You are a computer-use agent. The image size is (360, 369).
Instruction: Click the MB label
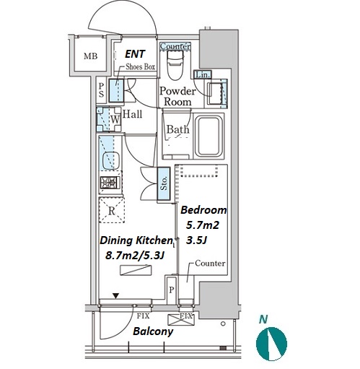coord(90,56)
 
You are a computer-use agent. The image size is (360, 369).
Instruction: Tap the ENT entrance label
coord(135,54)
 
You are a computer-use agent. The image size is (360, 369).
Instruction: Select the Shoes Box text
coord(141,66)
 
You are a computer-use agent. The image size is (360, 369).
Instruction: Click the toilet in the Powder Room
coord(175,65)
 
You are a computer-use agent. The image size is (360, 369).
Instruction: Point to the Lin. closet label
coord(203,74)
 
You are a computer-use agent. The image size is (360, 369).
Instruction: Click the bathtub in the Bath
coord(208,136)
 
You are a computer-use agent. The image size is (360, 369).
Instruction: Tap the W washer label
coord(115,119)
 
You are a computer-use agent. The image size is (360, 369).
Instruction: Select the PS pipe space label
coord(101,90)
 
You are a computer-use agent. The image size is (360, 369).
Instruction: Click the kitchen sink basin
coord(110,160)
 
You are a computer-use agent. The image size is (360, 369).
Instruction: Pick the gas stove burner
coord(110,183)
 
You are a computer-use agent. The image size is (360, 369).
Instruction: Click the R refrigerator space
coord(112,210)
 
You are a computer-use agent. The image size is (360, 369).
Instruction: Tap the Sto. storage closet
coord(164,183)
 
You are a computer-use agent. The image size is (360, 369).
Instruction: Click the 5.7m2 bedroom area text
coord(203,225)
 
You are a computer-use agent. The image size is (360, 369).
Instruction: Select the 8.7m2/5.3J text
coord(135,256)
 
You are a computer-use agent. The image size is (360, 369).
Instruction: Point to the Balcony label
coord(153,331)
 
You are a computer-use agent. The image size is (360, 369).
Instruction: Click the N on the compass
coord(263,319)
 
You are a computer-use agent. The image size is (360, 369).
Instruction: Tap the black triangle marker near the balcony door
coord(116,296)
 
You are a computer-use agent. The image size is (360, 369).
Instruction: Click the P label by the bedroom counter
coord(171,290)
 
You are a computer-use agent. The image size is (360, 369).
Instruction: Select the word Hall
coord(132,114)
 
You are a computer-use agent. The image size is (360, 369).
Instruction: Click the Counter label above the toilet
coord(175,46)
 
